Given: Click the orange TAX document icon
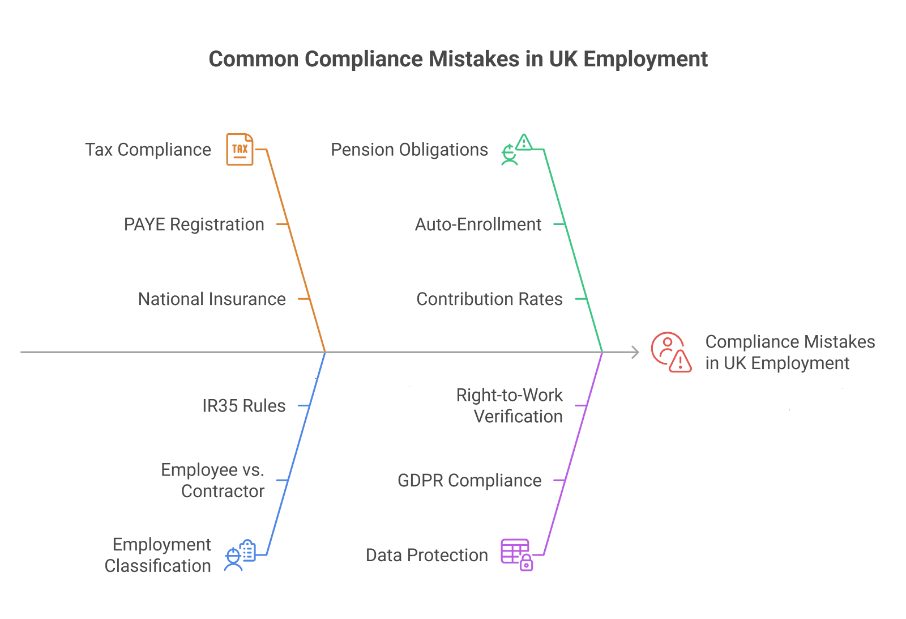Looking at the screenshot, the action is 240,149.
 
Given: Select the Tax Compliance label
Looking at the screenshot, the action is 148,150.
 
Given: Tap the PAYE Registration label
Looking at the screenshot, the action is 194,224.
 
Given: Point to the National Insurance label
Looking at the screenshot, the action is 212,299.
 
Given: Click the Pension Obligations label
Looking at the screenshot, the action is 409,150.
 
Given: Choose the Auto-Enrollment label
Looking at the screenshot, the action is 478,224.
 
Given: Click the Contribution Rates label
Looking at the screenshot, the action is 490,299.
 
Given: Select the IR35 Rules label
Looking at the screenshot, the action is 244,406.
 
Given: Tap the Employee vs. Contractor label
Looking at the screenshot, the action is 213,480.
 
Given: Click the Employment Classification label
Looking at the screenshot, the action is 158,555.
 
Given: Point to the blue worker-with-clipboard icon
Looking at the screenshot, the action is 240,555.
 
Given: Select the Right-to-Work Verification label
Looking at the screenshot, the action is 510,406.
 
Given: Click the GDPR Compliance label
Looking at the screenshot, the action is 470,481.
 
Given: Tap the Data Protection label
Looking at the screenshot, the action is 427,555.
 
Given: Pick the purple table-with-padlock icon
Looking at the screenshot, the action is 517,554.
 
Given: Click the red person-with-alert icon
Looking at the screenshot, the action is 672,352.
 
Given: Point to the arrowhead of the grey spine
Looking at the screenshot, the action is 638,352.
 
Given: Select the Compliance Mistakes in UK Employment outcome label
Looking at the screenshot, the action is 790,352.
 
